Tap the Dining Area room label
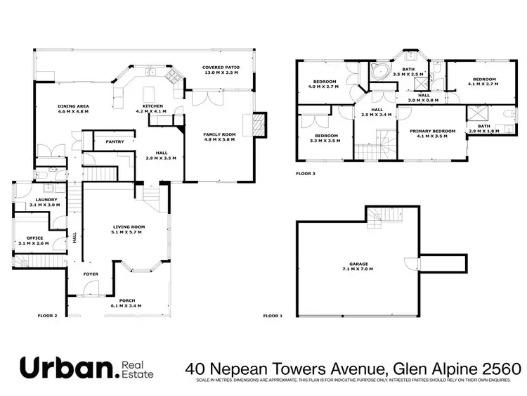click(x=73, y=108)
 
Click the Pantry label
click(x=115, y=141)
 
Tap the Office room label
click(x=35, y=239)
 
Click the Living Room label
click(x=128, y=227)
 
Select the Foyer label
click(x=91, y=274)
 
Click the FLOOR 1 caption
click(x=272, y=316)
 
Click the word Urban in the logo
click(x=66, y=368)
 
